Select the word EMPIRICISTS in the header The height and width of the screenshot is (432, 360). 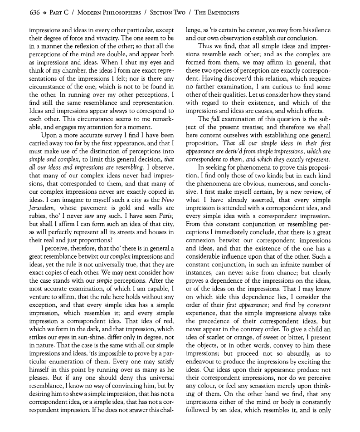(220, 12)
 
